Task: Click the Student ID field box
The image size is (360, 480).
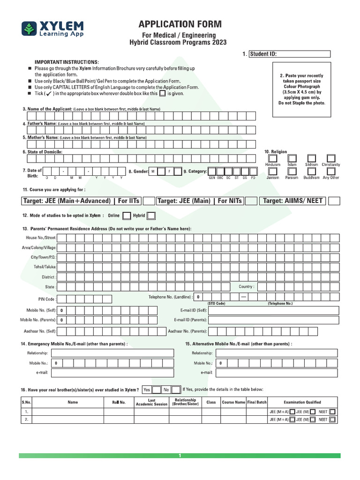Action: [289, 54]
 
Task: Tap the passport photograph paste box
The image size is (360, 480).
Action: [301, 89]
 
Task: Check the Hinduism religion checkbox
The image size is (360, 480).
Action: [272, 158]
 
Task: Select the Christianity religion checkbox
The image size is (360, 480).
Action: [331, 158]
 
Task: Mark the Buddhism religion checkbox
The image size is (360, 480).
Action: [311, 172]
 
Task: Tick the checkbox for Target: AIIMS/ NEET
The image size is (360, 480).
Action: [334, 201]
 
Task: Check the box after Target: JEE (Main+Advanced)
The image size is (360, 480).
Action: [149, 201]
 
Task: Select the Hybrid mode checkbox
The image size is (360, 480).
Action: [151, 216]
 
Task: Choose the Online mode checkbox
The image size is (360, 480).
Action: [127, 216]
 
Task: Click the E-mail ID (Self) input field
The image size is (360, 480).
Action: [273, 310]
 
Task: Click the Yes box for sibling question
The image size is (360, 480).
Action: [147, 390]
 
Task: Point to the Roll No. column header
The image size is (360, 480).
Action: [119, 402]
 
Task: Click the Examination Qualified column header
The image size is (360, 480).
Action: [302, 402]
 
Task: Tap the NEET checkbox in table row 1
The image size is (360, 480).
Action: [332, 412]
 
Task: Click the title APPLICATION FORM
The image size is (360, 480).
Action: [180, 24]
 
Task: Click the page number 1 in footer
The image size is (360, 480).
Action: [180, 456]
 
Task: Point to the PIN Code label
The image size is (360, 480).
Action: [46, 299]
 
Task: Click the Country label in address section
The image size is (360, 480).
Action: [246, 286]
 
